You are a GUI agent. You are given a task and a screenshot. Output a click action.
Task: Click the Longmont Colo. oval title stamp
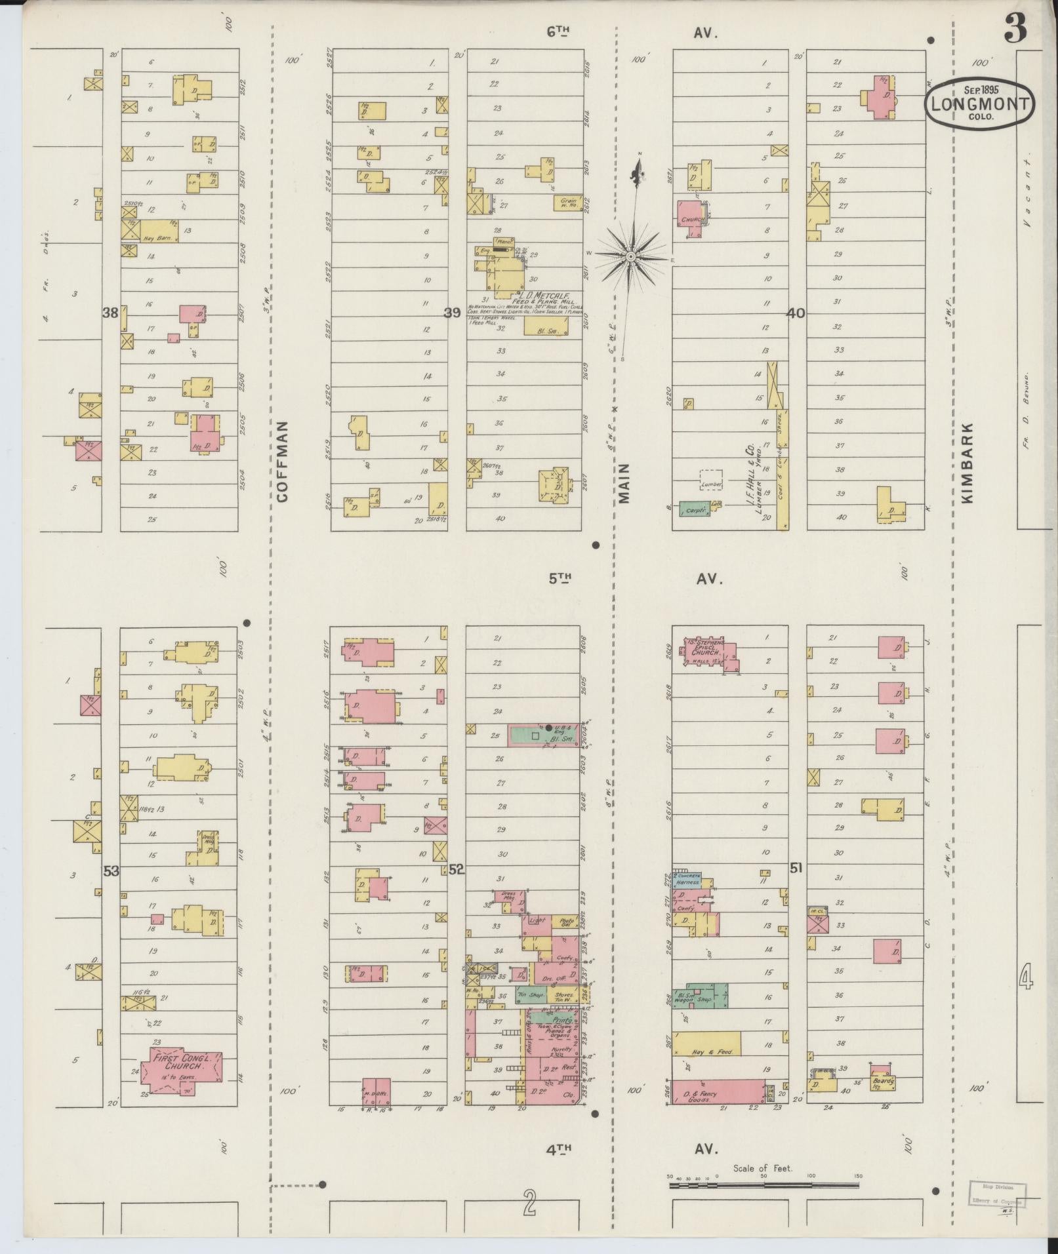tap(980, 104)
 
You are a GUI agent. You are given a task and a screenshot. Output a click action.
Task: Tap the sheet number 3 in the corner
tap(1015, 29)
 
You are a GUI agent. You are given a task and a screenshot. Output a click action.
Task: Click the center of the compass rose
tap(630, 256)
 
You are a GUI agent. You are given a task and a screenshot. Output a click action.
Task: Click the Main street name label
tap(624, 483)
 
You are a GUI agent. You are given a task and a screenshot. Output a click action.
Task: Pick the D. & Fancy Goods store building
tap(718, 1091)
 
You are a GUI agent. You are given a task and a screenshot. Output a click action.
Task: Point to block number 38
tap(110, 313)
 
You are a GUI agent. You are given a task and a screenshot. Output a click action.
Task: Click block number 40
tap(796, 314)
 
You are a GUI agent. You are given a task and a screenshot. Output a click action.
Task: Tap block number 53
tap(111, 871)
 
